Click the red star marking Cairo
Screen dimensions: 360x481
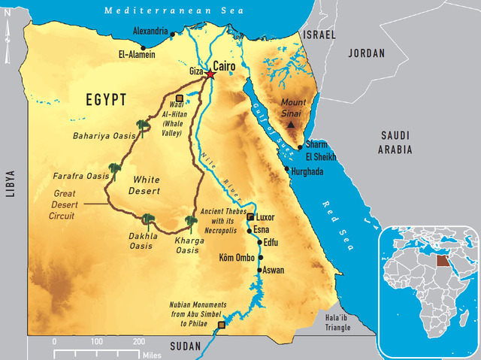(x=210, y=74)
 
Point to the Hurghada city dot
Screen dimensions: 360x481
(x=286, y=170)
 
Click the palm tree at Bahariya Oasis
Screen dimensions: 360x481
(x=140, y=126)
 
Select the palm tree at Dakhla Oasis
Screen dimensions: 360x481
(x=147, y=220)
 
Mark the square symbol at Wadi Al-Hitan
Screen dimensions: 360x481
(x=179, y=98)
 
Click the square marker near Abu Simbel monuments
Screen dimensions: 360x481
(x=221, y=325)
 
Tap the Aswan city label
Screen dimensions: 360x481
(x=274, y=270)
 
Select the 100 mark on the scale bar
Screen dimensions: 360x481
(x=96, y=341)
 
